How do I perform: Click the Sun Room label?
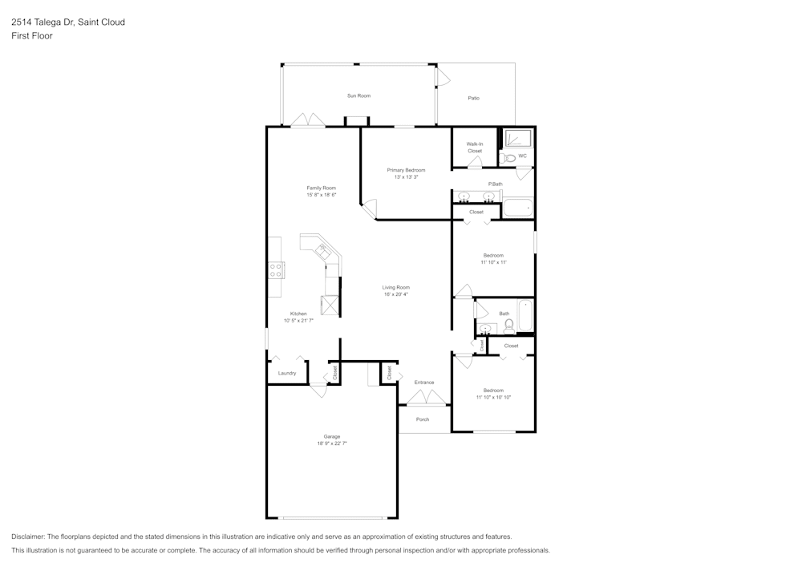pos(358,95)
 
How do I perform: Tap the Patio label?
pos(474,98)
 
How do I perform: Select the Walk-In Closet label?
pos(475,148)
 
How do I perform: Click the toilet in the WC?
pos(510,158)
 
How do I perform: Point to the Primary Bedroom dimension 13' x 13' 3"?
pos(406,177)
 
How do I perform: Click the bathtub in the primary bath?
pos(517,209)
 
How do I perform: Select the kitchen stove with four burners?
pos(275,270)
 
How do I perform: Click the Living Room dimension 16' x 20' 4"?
pos(396,294)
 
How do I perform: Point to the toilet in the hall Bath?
pos(509,326)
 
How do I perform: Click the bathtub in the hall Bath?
pos(525,315)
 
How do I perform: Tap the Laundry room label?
pos(287,373)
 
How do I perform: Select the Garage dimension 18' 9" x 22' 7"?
pos(332,443)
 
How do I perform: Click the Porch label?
pos(423,419)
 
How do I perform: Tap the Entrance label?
pos(424,383)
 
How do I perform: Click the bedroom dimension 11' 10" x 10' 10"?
pos(493,397)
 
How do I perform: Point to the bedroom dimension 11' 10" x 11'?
pos(493,262)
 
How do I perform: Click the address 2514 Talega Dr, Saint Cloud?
pos(68,22)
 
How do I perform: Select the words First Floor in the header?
pos(32,36)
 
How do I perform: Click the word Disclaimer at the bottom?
pos(28,537)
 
